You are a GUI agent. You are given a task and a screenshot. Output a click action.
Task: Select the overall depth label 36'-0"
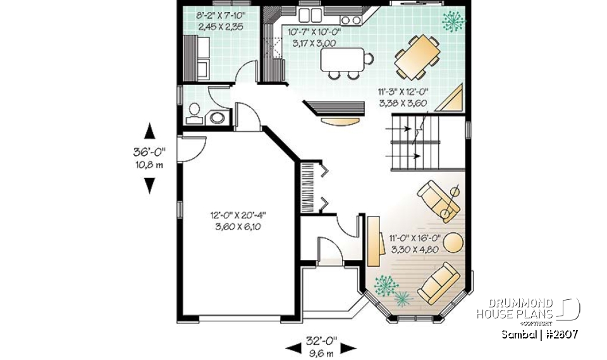click(x=149, y=152)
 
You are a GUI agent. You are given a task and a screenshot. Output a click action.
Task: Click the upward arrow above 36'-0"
click(x=149, y=131)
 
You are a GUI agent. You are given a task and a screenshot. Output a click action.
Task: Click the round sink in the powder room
click(x=217, y=117)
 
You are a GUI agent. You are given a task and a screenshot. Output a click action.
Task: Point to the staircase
click(x=414, y=142)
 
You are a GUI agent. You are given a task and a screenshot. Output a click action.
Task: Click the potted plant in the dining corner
click(x=453, y=21)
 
